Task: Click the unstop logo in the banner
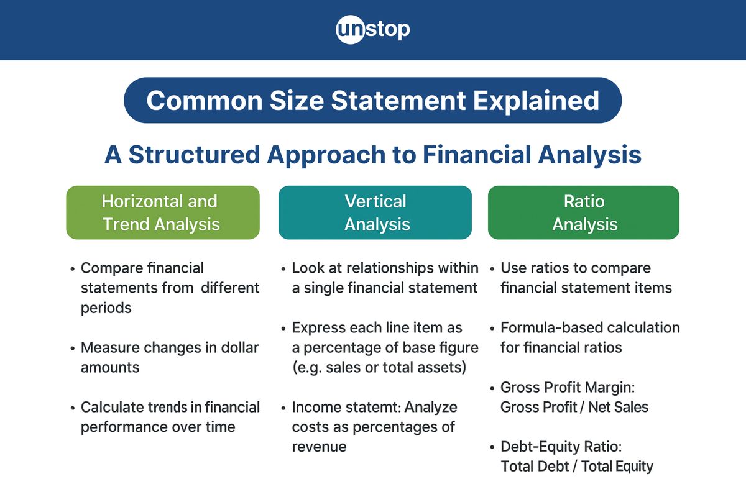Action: click(x=373, y=29)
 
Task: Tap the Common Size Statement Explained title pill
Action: click(x=373, y=101)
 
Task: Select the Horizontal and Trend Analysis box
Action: click(x=162, y=212)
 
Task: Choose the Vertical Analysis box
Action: click(x=375, y=212)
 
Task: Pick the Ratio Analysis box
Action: click(x=584, y=212)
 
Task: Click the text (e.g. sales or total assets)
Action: click(x=379, y=367)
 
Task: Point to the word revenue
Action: click(x=319, y=447)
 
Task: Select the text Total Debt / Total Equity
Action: click(x=577, y=466)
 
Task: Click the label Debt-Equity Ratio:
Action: click(x=561, y=447)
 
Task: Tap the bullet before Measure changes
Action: click(x=73, y=348)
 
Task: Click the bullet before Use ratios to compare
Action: click(x=492, y=269)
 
